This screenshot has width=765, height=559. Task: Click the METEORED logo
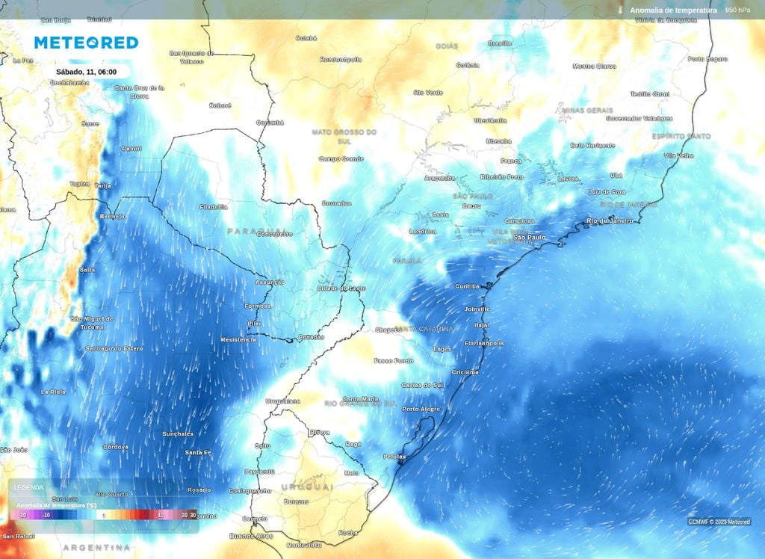[86, 43]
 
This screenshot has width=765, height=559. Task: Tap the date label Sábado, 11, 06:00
[87, 72]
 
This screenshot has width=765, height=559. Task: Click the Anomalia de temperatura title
[673, 10]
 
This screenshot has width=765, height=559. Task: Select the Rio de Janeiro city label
[610, 220]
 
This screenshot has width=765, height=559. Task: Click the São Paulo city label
[530, 238]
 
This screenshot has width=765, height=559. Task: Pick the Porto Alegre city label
[421, 409]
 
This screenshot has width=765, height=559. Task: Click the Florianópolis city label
[484, 343]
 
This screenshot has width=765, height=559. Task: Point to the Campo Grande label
[341, 158]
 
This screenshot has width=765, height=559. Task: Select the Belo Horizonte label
[593, 145]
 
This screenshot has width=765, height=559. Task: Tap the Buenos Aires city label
[251, 536]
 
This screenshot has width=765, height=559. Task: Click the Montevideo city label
[303, 544]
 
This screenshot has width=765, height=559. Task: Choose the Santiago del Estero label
[114, 348]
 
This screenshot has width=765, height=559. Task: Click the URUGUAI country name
[306, 487]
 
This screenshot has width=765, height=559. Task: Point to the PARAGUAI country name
[256, 231]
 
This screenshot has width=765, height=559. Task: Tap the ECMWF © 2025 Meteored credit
[719, 522]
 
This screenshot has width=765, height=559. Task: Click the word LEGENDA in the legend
[29, 487]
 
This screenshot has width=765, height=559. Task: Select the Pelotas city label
[394, 456]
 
